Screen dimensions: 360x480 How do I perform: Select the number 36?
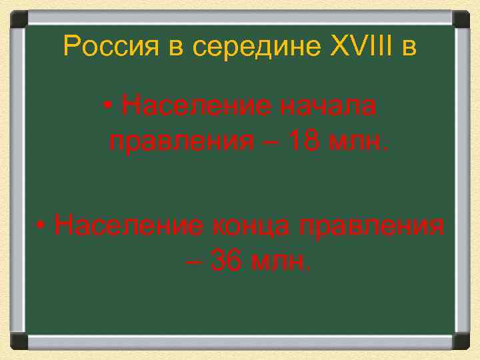[225, 261]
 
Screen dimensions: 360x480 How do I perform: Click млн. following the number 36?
[279, 261]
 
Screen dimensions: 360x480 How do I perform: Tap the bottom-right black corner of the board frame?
[461, 341]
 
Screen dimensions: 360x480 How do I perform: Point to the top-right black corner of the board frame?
[461, 18]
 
